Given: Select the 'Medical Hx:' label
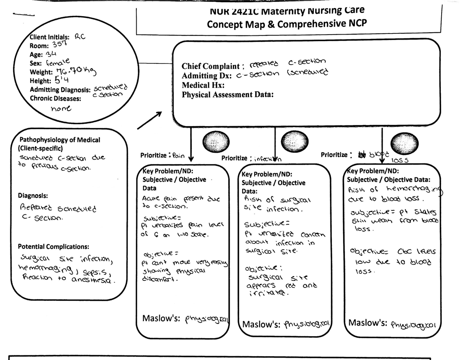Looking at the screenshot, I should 203,85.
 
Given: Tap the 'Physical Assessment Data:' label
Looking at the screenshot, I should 228,95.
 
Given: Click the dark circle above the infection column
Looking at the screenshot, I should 293,141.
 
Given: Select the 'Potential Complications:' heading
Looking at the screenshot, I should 54,246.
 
